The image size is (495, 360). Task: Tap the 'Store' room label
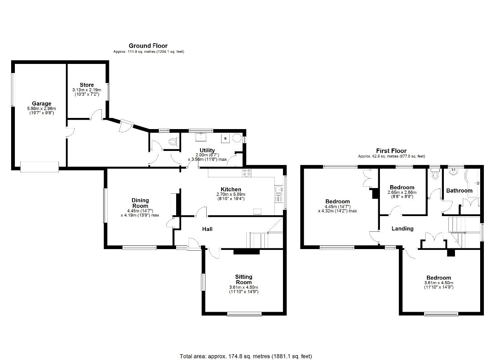[x=87, y=85]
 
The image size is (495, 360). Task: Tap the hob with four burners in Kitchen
[x=247, y=173]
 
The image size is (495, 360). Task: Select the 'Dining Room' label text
[x=140, y=203]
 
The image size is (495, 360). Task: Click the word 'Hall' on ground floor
[x=207, y=228]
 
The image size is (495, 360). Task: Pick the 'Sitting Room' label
[x=244, y=279]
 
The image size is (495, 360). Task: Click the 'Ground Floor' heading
[x=148, y=46]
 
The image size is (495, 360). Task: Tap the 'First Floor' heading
[x=391, y=151]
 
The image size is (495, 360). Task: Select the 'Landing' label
[x=402, y=228]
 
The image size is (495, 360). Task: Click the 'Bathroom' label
[x=459, y=191]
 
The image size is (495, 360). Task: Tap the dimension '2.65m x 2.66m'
[x=402, y=192]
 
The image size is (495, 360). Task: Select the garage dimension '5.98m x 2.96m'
[x=41, y=108]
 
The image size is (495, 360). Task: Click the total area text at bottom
[x=246, y=356]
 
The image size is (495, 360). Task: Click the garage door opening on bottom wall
[x=40, y=167]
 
